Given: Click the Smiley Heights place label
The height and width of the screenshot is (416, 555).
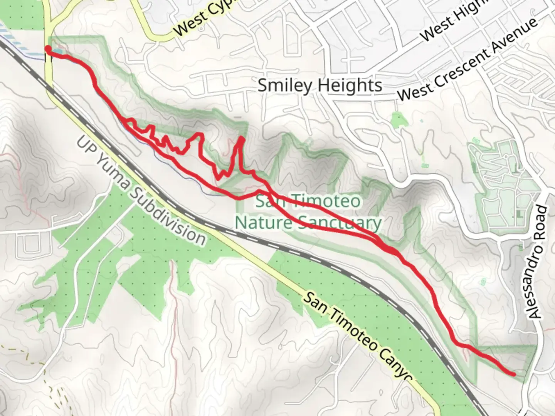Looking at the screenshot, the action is pyautogui.click(x=320, y=85).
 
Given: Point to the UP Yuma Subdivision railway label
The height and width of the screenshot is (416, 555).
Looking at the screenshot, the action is pyautogui.click(x=141, y=190).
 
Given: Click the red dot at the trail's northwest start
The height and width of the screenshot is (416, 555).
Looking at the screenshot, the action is pyautogui.click(x=48, y=49).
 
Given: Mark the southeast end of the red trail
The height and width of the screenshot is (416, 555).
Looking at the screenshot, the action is pyautogui.click(x=513, y=374).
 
